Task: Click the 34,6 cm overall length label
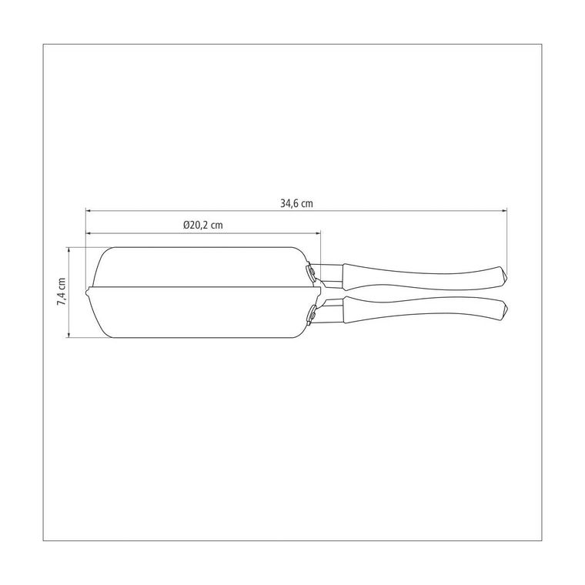pyautogui.click(x=296, y=203)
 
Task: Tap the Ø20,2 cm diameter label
pyautogui.click(x=203, y=225)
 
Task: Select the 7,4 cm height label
pyautogui.click(x=61, y=292)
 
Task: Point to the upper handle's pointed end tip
pyautogui.click(x=507, y=276)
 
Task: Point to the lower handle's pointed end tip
pyautogui.click(x=507, y=309)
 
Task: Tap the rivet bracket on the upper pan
pyautogui.click(x=310, y=272)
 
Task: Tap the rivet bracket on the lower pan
pyautogui.click(x=311, y=313)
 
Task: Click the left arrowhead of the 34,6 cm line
pyautogui.click(x=88, y=211)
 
